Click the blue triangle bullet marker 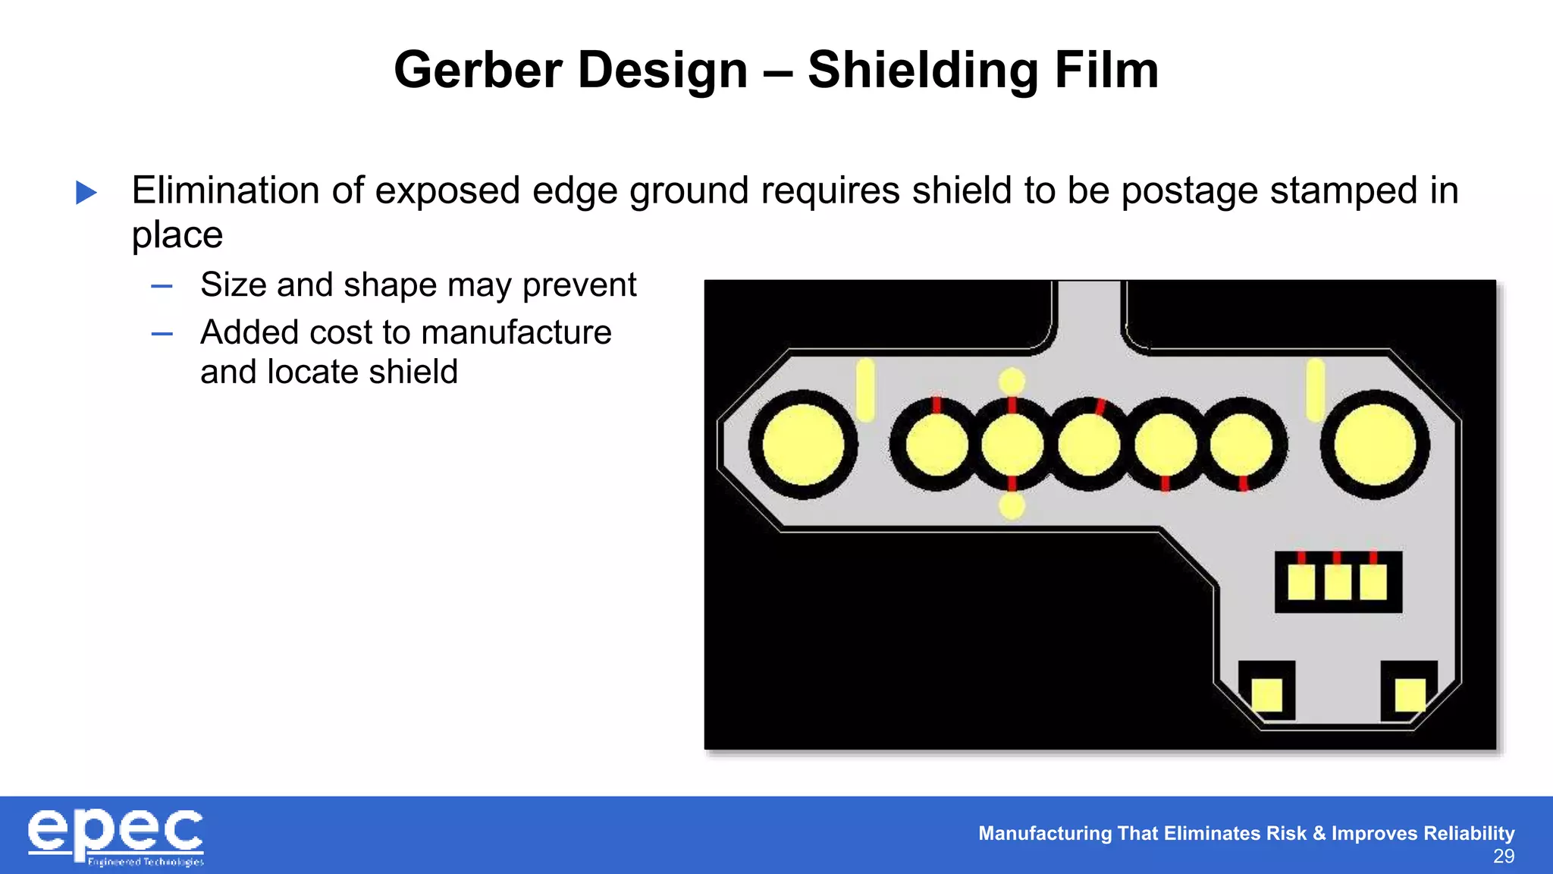pyautogui.click(x=86, y=192)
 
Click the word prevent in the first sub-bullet pyautogui.click(x=579, y=285)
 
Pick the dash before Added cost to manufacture pyautogui.click(x=162, y=333)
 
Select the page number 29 pyautogui.click(x=1503, y=857)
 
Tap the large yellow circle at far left pyautogui.click(x=803, y=445)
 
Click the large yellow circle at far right pyautogui.click(x=1374, y=445)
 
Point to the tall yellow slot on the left pyautogui.click(x=865, y=390)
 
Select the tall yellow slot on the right pyautogui.click(x=1316, y=390)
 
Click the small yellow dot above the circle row pyautogui.click(x=1012, y=381)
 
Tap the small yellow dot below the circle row pyautogui.click(x=1012, y=506)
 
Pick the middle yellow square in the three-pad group pyautogui.click(x=1338, y=583)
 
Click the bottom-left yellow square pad pyautogui.click(x=1266, y=695)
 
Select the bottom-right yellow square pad pyautogui.click(x=1410, y=695)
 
